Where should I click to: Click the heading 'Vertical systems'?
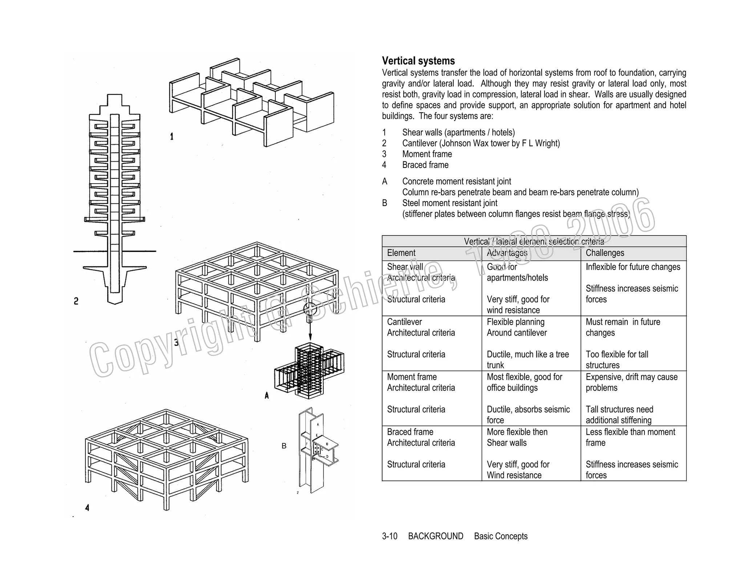tap(418, 61)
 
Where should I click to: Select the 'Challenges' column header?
tap(605, 253)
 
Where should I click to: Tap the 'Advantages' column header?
tap(507, 253)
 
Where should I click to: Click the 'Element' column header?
tap(401, 253)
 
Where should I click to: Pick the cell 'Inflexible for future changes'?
tap(633, 267)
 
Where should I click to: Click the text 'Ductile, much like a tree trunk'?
tap(527, 359)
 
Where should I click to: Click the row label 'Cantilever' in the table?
tap(404, 322)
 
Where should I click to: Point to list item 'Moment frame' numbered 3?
tap(427, 154)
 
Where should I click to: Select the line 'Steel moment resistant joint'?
tap(450, 203)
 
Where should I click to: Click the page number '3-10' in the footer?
tap(389, 536)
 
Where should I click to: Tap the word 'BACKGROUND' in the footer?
tap(436, 536)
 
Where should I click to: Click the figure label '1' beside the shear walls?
tap(172, 137)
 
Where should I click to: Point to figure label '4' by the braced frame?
tap(87, 508)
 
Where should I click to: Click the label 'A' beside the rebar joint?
tap(267, 395)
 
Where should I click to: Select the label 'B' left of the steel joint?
tap(284, 446)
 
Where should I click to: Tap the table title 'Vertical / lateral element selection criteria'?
tap(534, 241)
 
